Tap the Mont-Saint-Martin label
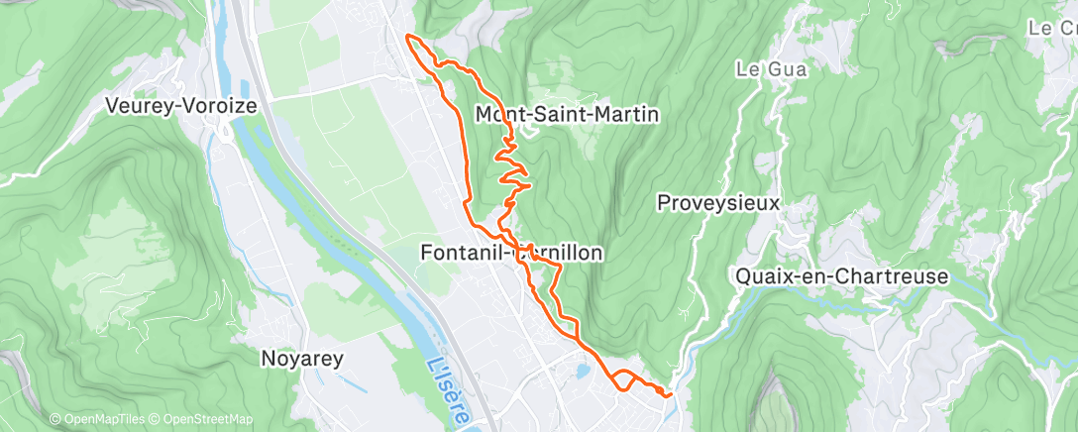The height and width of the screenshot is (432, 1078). [567, 115]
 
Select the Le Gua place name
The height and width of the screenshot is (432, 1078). [772, 69]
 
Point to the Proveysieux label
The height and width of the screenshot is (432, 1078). [718, 203]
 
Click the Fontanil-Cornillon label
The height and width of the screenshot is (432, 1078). [511, 253]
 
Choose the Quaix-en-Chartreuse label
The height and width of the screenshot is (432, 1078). [842, 276]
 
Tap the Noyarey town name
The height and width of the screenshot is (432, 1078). [301, 359]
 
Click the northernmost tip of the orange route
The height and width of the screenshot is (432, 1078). [408, 37]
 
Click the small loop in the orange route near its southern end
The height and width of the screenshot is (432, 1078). [623, 379]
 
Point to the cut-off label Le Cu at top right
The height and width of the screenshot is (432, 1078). [1053, 29]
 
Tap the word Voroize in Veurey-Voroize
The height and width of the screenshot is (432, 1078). [225, 104]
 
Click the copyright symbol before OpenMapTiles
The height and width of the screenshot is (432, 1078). [55, 420]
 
